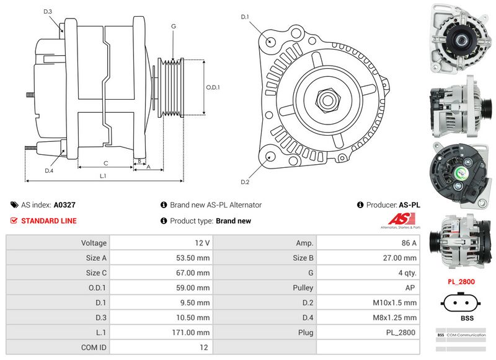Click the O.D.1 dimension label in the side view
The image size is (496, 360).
point(213,87)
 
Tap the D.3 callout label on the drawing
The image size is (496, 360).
point(48,12)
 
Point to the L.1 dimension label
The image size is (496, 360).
point(103,176)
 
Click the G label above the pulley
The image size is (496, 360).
point(174,26)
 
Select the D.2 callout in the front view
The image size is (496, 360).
point(244,182)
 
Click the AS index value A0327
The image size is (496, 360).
point(64,204)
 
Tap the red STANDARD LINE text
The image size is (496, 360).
point(49,221)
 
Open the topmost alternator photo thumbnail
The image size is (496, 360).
point(456,37)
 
